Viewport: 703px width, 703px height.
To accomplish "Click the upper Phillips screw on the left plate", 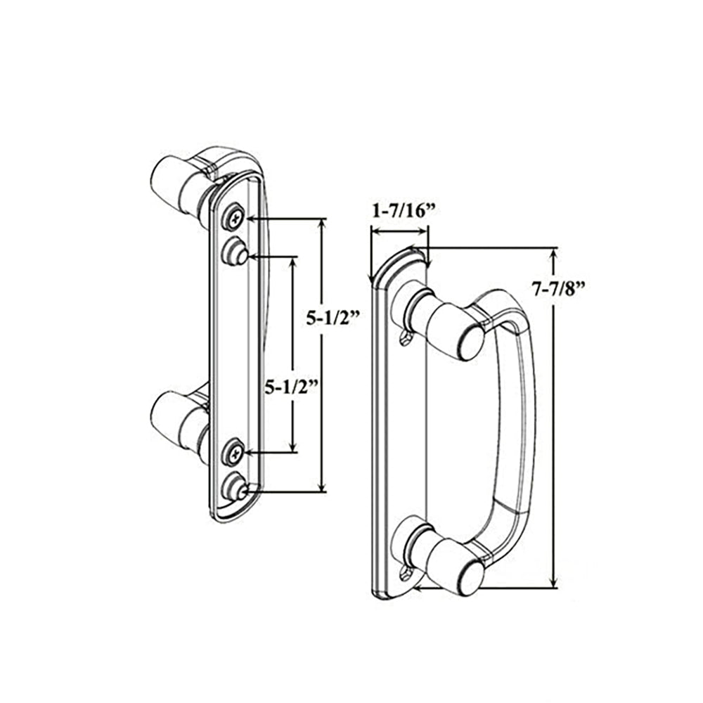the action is [235, 219].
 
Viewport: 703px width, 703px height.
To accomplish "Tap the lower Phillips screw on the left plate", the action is [235, 455].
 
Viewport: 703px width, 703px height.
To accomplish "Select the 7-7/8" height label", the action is [559, 289].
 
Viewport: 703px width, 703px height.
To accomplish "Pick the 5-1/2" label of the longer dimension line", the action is [333, 318].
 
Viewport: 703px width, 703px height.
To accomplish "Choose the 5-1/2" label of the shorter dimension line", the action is [292, 386].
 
